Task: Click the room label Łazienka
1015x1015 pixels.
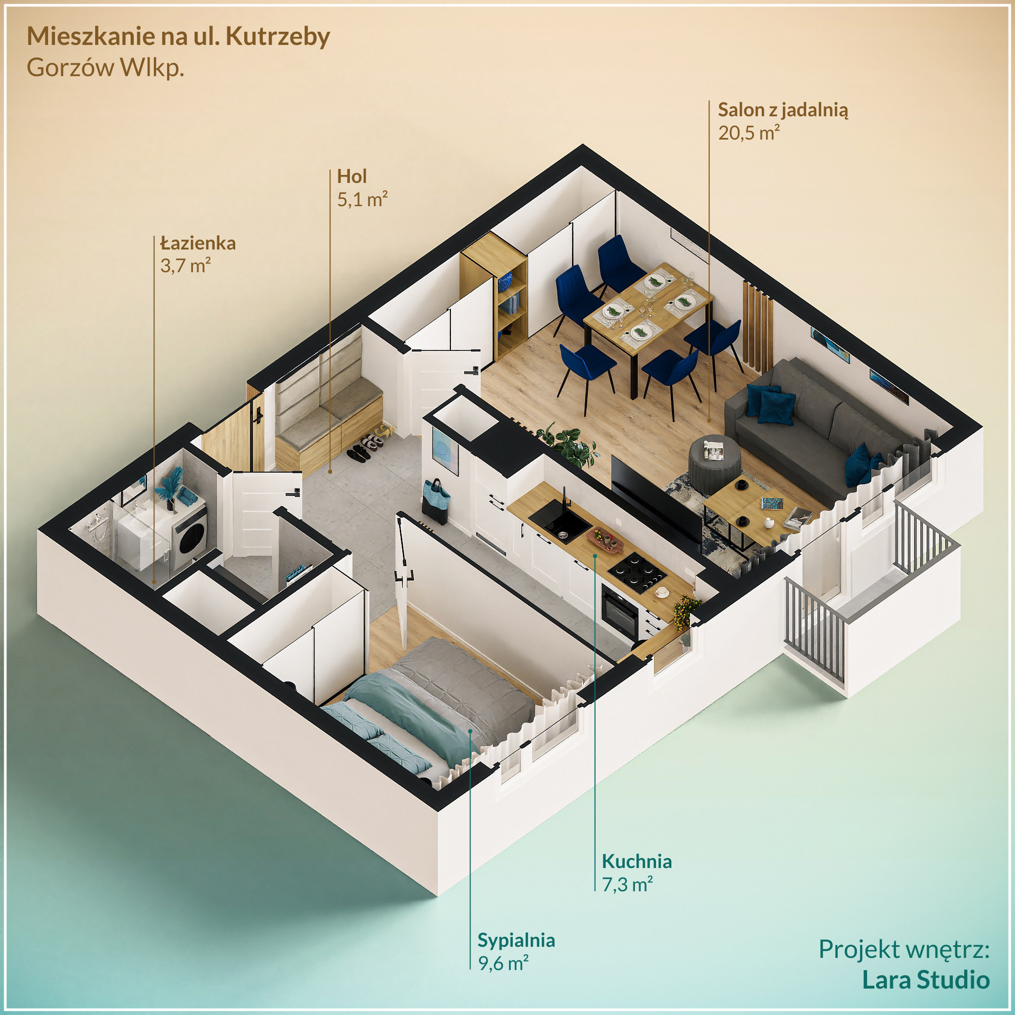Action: pyautogui.click(x=198, y=244)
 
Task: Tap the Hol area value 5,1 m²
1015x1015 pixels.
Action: pyautogui.click(x=362, y=199)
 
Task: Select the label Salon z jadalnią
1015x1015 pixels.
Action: pyautogui.click(x=782, y=110)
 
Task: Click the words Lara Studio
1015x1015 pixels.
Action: pyautogui.click(x=926, y=980)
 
